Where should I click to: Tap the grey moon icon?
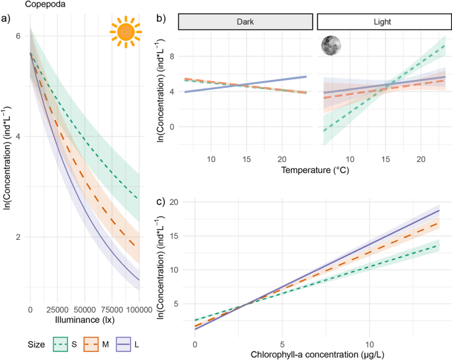point(331,45)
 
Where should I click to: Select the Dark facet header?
point(245,22)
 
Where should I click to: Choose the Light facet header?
point(381,22)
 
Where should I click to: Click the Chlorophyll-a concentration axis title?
point(315,355)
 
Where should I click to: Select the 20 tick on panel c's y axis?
point(174,202)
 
